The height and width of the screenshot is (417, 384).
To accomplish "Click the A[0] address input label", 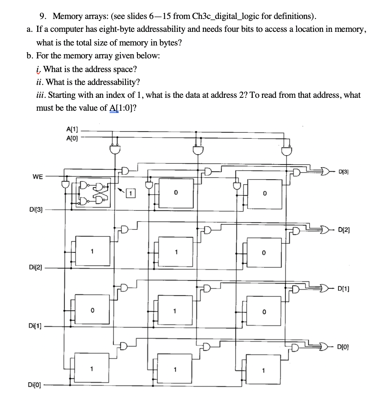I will coord(72,138).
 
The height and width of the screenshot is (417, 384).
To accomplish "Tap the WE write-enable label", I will coord(38,177).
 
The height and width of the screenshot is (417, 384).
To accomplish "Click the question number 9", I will coord(44,16).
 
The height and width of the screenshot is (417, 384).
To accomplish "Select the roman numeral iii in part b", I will coord(40,95).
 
